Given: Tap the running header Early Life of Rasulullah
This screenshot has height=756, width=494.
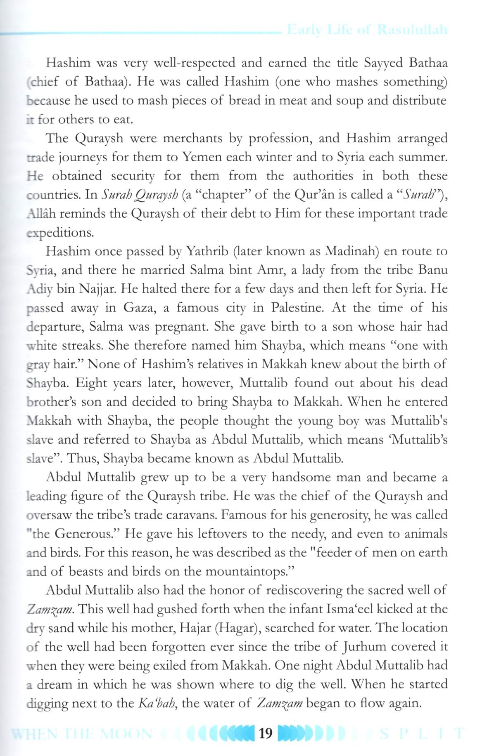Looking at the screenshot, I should pyautogui.click(x=367, y=30).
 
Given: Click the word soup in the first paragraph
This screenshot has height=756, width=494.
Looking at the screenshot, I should pyautogui.click(x=348, y=101).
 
